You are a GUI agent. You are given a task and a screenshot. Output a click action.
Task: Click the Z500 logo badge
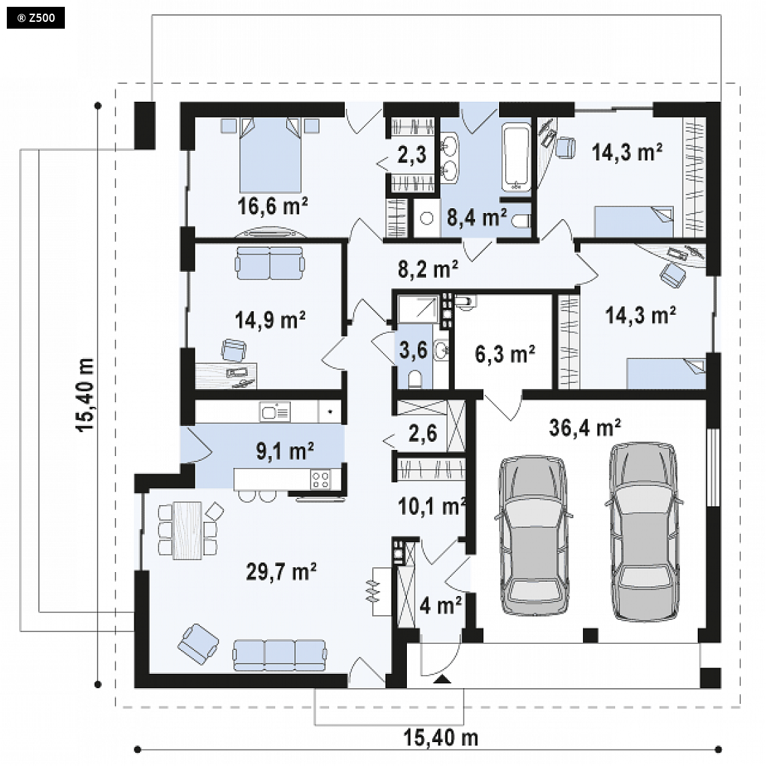pos(36,18)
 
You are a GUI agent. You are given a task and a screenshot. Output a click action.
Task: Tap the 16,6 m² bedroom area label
pos(272,206)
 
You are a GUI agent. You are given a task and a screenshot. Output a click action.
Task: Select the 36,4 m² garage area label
pos(585,427)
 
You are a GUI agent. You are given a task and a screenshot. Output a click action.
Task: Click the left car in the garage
pos(533,535)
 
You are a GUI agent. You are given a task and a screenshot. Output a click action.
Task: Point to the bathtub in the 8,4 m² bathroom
pos(516,157)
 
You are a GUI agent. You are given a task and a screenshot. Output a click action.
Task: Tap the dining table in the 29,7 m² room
pos(188,530)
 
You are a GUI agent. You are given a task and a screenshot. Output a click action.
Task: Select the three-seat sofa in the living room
pos(279,655)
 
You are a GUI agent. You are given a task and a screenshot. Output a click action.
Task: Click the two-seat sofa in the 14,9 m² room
pos(270,263)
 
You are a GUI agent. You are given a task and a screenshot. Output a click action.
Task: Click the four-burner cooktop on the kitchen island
pos(320,479)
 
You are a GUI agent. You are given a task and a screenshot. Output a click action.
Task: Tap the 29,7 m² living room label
pos(281,571)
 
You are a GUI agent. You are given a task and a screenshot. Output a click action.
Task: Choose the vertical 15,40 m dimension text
pos(85,395)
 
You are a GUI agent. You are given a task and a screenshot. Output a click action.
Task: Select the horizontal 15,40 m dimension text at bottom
pos(440,737)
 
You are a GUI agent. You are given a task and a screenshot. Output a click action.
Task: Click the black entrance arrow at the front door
pos(442,679)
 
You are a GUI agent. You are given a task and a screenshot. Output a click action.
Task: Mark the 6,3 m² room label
pos(505,354)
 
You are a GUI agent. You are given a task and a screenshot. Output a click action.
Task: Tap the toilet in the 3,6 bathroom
pos(415,379)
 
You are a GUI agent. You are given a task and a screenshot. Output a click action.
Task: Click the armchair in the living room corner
pos(198,643)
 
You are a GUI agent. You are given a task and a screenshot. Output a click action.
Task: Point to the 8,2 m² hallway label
pos(428,269)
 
